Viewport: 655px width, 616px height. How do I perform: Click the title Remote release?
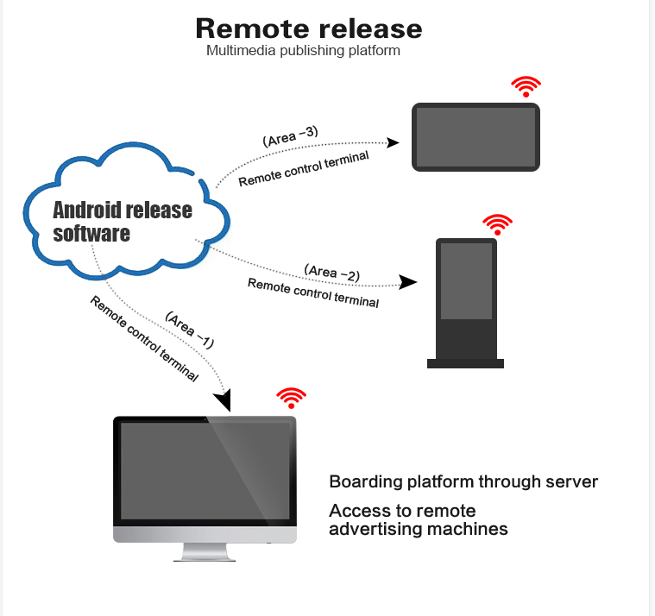tap(309, 28)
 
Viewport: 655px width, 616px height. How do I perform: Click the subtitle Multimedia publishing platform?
tap(303, 51)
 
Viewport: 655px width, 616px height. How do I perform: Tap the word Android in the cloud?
tap(86, 210)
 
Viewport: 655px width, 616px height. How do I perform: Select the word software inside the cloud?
tap(91, 233)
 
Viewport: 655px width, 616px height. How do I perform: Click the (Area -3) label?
tap(290, 136)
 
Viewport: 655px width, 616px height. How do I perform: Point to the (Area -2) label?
tap(332, 273)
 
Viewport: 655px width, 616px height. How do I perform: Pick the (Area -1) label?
tap(190, 330)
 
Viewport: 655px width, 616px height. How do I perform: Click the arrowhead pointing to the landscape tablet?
tap(393, 143)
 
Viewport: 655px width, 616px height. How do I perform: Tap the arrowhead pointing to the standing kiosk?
tap(407, 282)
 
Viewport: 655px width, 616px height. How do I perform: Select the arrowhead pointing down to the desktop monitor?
tap(224, 400)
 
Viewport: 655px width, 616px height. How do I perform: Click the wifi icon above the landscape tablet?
tap(526, 86)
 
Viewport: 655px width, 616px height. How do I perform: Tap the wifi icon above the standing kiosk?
tap(498, 224)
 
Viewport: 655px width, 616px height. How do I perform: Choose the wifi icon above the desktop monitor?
tap(291, 398)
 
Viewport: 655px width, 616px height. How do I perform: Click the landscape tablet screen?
tap(476, 137)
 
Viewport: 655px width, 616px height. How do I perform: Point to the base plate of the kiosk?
tap(465, 363)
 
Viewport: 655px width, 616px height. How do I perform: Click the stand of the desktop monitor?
tap(205, 552)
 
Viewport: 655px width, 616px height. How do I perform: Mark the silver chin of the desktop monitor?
tap(205, 534)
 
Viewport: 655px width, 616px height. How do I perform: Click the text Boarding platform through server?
tap(463, 482)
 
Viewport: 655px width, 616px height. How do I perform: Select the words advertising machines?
tap(419, 529)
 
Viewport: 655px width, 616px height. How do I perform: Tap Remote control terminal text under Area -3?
tap(304, 169)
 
